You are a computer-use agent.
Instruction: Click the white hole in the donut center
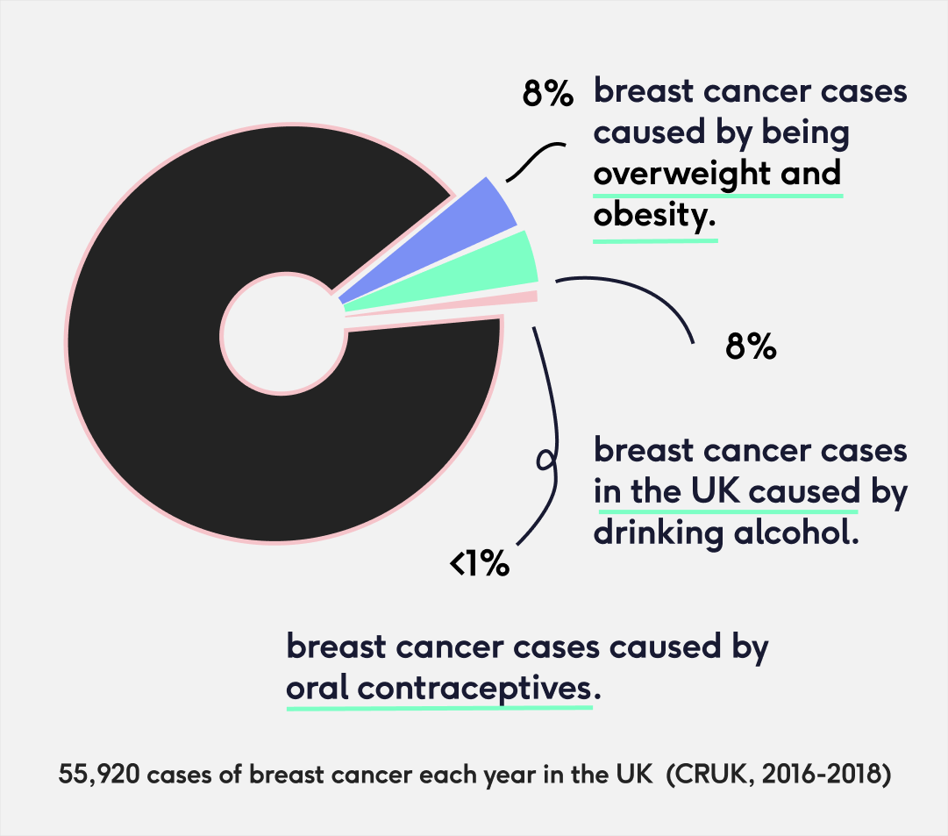(282, 334)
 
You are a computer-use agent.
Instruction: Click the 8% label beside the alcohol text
(751, 347)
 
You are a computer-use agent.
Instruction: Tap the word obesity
(650, 215)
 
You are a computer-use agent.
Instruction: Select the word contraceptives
(474, 688)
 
